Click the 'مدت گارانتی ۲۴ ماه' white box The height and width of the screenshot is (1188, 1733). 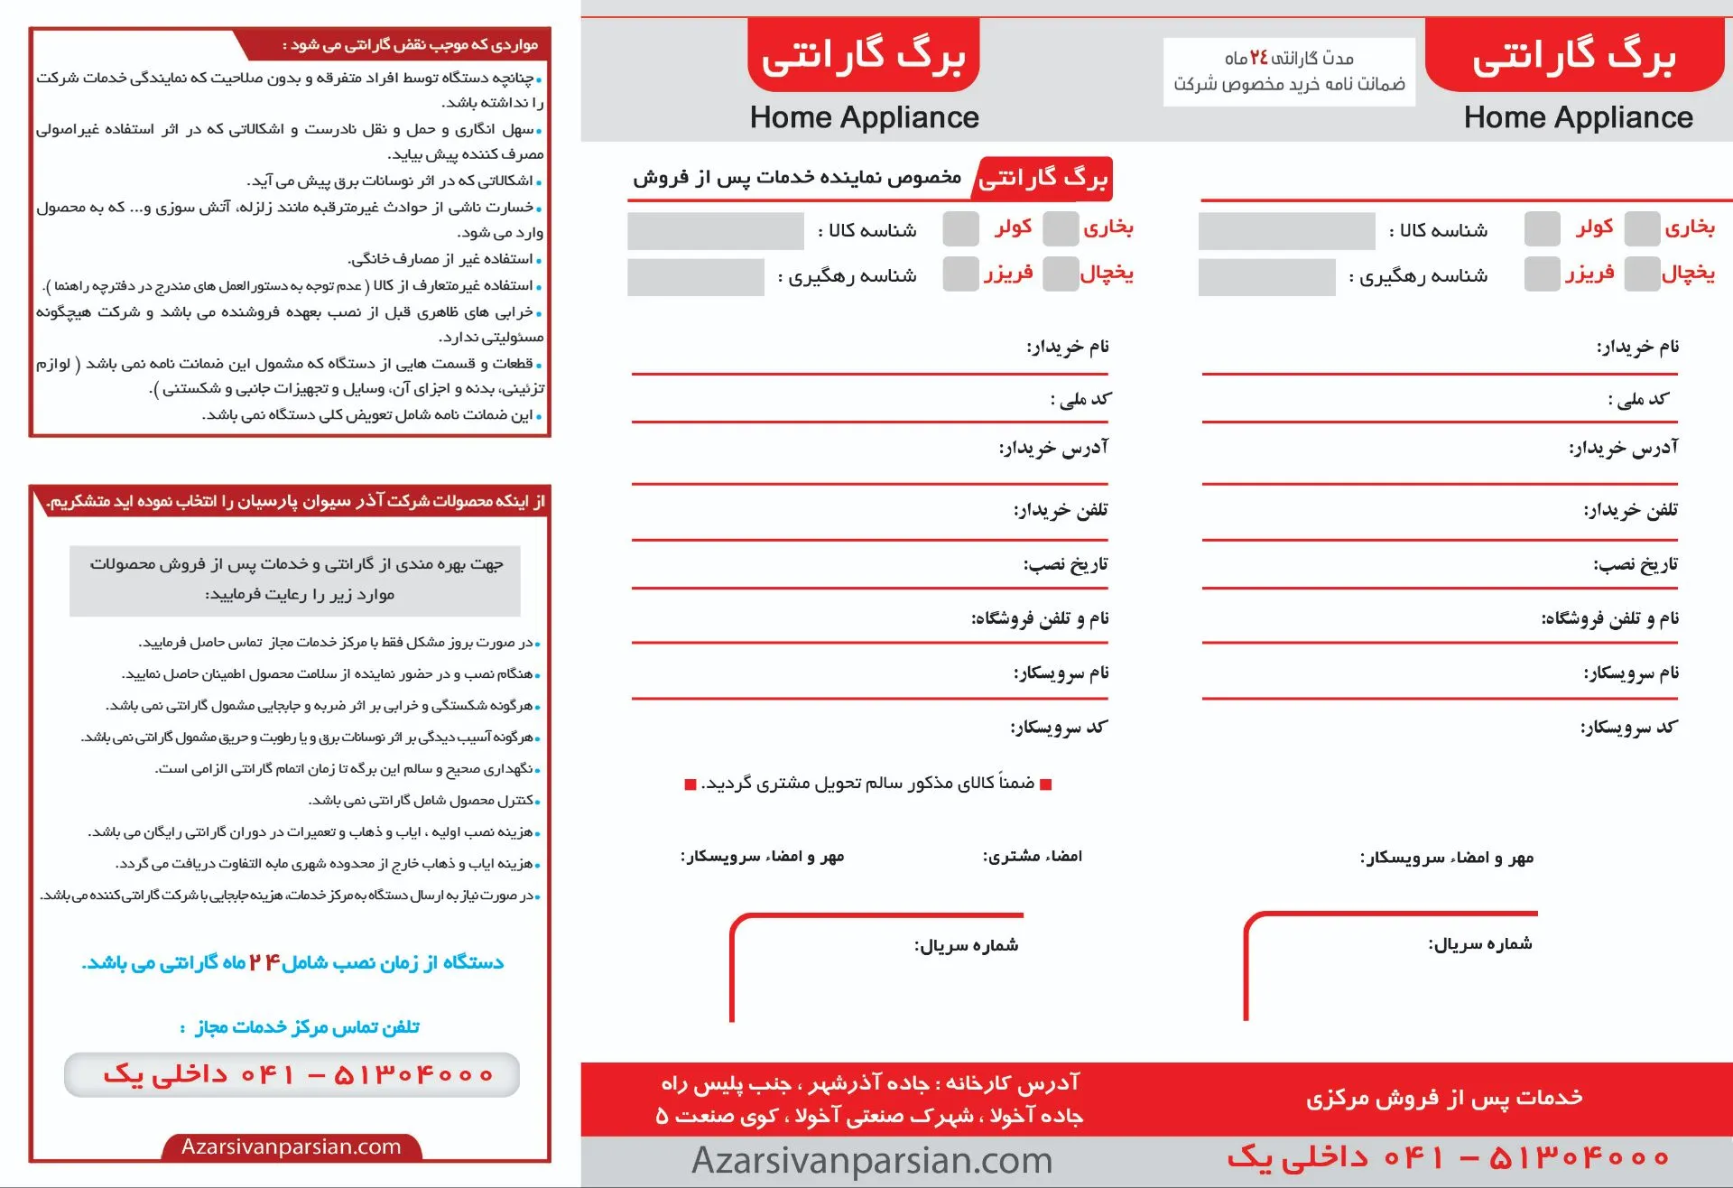click(1288, 71)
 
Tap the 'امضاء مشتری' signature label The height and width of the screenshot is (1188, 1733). click(1032, 856)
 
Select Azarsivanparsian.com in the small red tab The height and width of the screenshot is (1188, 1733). click(291, 1146)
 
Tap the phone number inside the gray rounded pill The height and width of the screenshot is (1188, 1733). click(297, 1074)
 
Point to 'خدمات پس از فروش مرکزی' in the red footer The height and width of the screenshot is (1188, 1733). click(1444, 1097)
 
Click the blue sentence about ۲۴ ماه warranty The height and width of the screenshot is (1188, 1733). click(292, 962)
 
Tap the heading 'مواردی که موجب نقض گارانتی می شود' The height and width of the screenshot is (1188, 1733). click(411, 44)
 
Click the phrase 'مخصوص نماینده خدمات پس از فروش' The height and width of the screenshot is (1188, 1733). click(797, 177)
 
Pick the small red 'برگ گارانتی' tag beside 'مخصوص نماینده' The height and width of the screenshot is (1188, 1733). click(1043, 179)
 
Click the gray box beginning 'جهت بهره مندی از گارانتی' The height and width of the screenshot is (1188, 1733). click(295, 580)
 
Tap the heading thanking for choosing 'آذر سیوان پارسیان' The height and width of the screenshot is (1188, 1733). click(295, 501)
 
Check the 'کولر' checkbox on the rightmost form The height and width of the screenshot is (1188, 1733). click(1542, 228)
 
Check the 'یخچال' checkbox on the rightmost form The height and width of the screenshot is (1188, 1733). click(1642, 274)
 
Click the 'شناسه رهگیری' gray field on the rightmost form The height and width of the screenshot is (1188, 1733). click(1266, 277)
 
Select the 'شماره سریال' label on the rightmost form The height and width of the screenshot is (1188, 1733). click(1479, 944)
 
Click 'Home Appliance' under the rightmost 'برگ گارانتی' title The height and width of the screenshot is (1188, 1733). click(1578, 117)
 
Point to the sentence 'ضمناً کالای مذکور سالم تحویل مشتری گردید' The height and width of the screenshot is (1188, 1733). click(867, 784)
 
